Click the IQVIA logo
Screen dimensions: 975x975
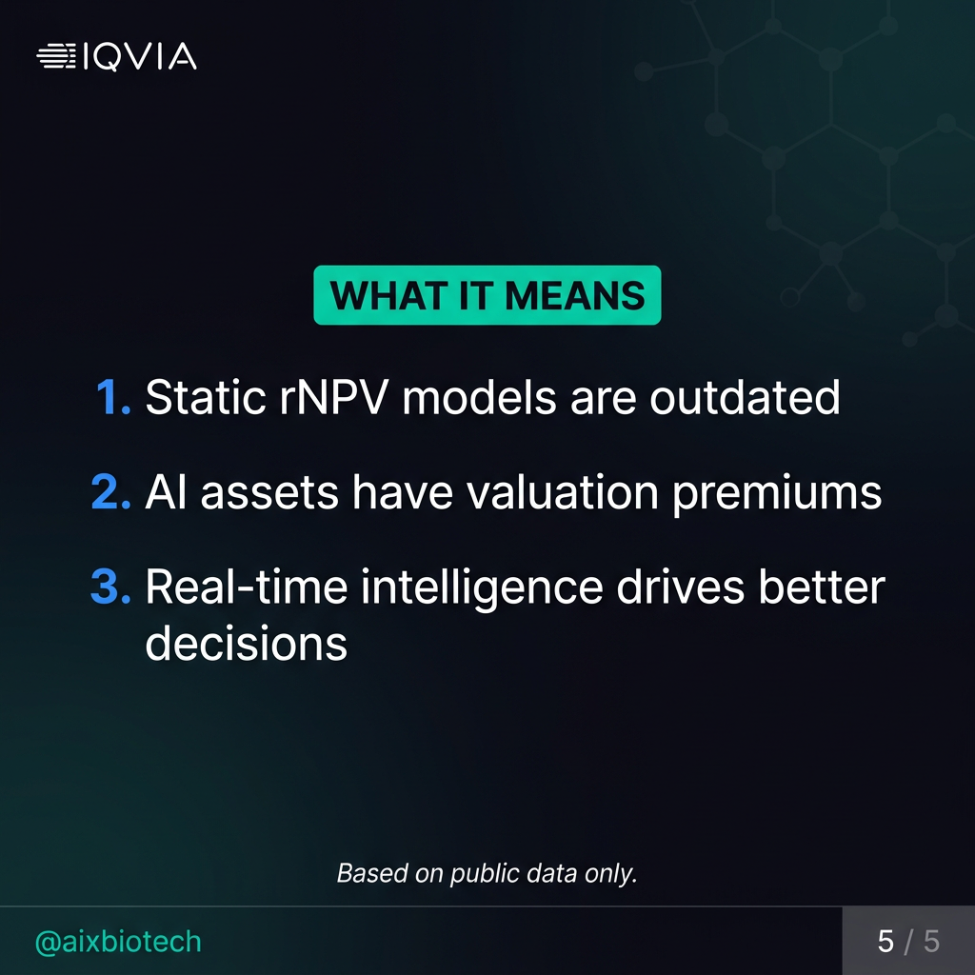(x=116, y=57)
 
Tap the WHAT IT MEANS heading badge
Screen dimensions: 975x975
(x=487, y=296)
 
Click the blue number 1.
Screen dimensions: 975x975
(x=113, y=397)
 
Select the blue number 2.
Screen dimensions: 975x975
(x=110, y=492)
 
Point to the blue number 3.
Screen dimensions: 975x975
(x=110, y=587)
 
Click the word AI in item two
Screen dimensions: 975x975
(x=164, y=492)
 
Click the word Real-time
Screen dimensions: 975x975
(x=245, y=587)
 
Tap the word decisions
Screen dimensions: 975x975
(x=246, y=644)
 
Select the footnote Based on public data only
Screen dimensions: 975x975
(x=487, y=872)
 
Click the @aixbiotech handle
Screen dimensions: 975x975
(x=118, y=942)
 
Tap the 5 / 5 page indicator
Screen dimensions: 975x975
(x=908, y=942)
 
